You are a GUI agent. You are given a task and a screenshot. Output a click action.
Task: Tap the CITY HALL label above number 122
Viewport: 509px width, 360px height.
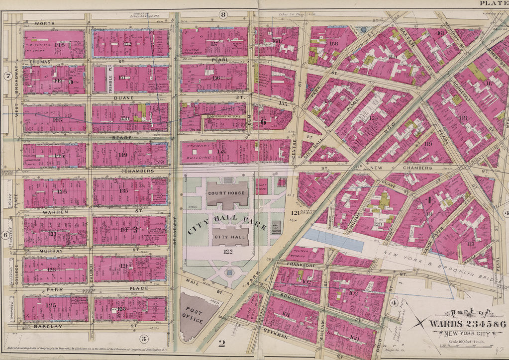pos(228,237)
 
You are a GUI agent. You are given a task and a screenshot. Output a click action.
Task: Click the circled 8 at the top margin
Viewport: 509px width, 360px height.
pos(223,14)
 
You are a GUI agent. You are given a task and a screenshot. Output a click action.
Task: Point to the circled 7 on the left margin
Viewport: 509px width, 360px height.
pos(8,76)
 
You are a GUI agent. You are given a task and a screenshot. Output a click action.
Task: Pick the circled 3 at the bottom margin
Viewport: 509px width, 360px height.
pos(144,339)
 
